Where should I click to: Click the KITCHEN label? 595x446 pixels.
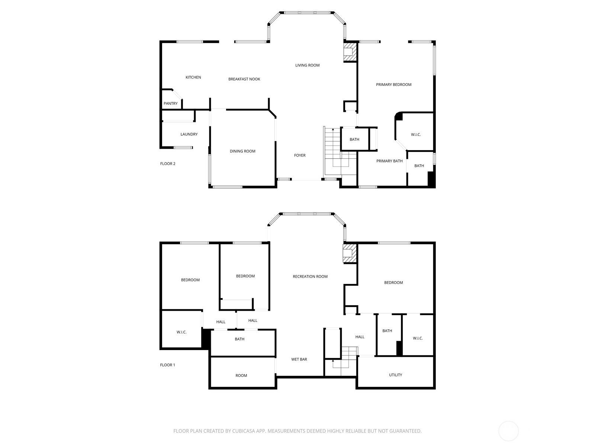pos(193,77)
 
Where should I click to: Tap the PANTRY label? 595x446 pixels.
pos(170,103)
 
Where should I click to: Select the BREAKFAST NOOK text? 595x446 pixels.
pos(244,79)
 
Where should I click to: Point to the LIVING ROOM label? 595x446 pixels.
pos(307,65)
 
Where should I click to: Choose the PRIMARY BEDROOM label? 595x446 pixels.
pos(393,84)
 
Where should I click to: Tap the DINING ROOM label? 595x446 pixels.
pos(242,151)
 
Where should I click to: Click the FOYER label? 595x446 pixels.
pos(299,155)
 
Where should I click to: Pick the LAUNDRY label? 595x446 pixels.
pos(189,134)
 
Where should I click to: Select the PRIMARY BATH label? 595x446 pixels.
pos(389,161)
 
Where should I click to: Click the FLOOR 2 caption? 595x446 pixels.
pos(167,164)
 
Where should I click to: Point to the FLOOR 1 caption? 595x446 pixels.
pos(167,365)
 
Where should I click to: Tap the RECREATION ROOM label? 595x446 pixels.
pos(310,277)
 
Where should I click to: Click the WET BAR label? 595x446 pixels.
pos(299,359)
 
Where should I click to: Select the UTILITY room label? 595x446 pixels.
pos(395,375)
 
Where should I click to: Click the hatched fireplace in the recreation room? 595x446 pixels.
pos(350,253)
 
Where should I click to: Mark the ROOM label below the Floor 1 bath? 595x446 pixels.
pos(241,375)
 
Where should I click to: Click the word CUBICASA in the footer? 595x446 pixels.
pos(244,431)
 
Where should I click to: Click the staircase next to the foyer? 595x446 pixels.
pos(340,152)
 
